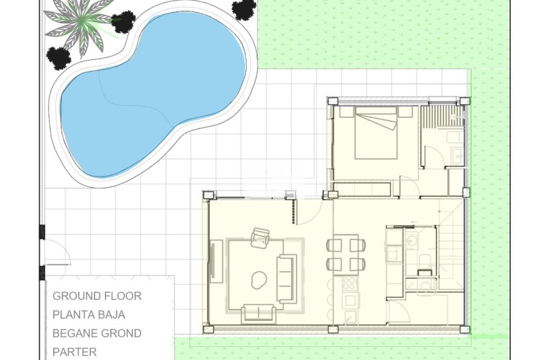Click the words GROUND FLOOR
[x=97, y=296]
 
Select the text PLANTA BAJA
[x=89, y=315]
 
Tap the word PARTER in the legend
[x=74, y=352]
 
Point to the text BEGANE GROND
[x=97, y=334]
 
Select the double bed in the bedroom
[x=376, y=133]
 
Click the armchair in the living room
[x=261, y=237]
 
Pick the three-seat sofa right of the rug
[x=286, y=278]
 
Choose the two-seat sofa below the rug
[x=259, y=314]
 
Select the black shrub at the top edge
[x=244, y=9]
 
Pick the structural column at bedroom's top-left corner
[x=332, y=101]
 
